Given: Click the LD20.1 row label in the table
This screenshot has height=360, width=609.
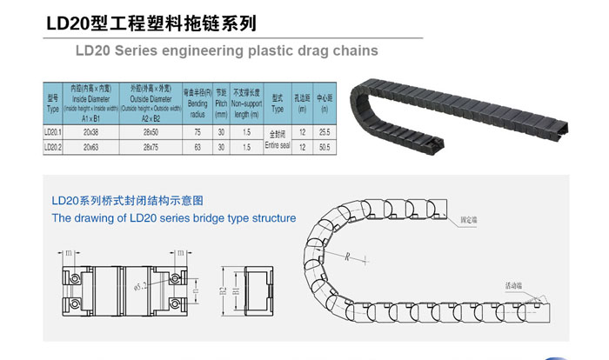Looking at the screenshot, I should click(51, 132).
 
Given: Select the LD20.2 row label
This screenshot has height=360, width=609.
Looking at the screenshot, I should click(51, 147).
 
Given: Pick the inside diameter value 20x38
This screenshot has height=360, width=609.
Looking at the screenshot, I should click(90, 132).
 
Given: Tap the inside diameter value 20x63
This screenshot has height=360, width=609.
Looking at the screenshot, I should click(90, 147).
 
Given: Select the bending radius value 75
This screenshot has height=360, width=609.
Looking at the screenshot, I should click(197, 132).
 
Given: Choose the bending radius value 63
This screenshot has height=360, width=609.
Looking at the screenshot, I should click(197, 147).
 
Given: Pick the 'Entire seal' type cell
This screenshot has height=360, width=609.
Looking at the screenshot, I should click(278, 140).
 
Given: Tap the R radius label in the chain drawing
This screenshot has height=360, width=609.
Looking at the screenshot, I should click(346, 256).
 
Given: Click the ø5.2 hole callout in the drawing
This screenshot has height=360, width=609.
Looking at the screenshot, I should click(139, 283).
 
